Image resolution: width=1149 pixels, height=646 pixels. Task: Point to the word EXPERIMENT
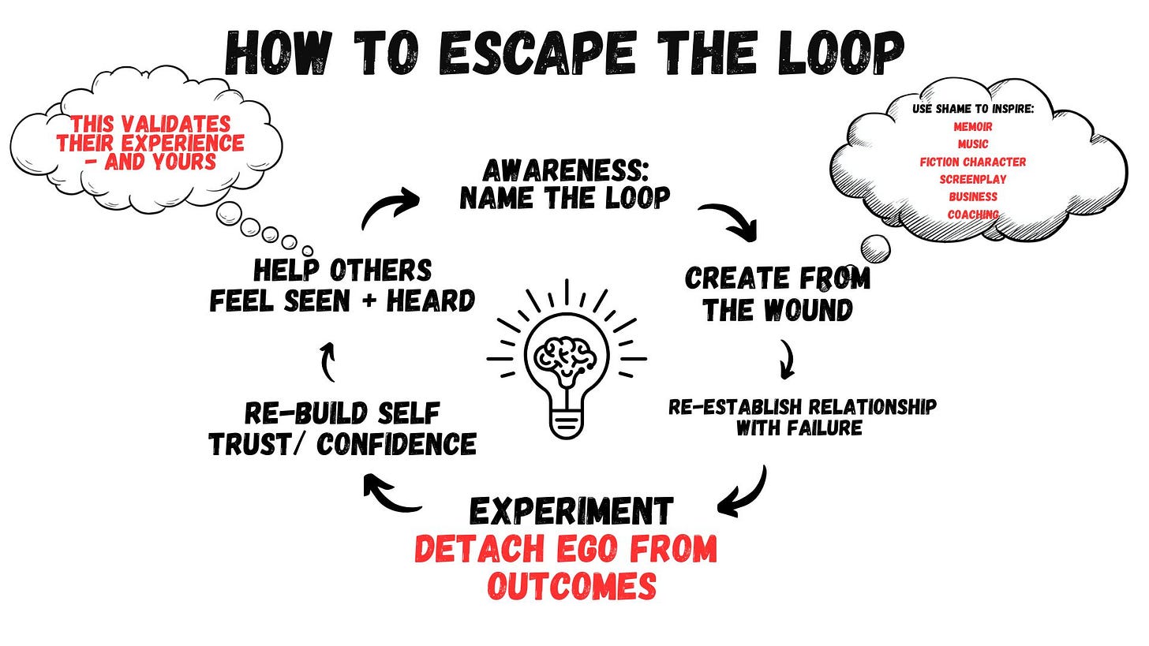click(x=571, y=511)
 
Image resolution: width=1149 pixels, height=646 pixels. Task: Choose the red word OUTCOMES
click(x=571, y=585)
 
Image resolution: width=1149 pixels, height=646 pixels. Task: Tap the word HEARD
click(x=430, y=300)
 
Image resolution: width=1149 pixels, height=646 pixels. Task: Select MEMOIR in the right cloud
click(x=972, y=126)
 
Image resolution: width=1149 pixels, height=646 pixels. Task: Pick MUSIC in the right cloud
click(x=972, y=144)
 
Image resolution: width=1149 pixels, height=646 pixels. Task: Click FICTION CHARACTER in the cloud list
click(x=972, y=162)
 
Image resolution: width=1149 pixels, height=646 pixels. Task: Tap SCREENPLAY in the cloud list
click(x=972, y=179)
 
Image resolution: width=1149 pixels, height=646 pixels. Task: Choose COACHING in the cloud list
click(x=972, y=214)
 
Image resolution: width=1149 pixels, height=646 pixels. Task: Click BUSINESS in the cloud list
click(x=972, y=196)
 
